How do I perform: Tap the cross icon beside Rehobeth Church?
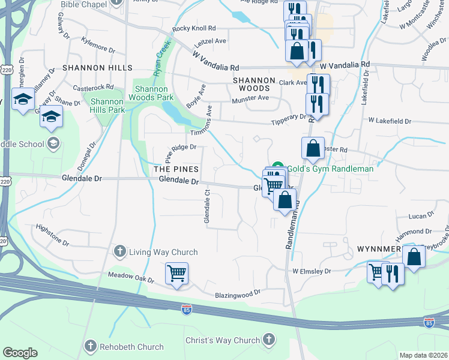[x=91, y=346]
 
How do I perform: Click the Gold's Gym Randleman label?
[x=330, y=169]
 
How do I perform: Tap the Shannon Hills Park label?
[x=107, y=106]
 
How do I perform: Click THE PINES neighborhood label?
[x=175, y=170]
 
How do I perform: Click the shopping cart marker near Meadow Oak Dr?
[x=176, y=274]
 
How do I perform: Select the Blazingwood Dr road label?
[x=238, y=295]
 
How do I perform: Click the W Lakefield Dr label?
[x=390, y=121]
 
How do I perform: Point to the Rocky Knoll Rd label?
[x=193, y=28]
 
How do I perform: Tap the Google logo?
[x=20, y=353]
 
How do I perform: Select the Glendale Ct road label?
[x=207, y=207]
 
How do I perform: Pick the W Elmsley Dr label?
[x=312, y=271]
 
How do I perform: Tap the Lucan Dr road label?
[x=421, y=216]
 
